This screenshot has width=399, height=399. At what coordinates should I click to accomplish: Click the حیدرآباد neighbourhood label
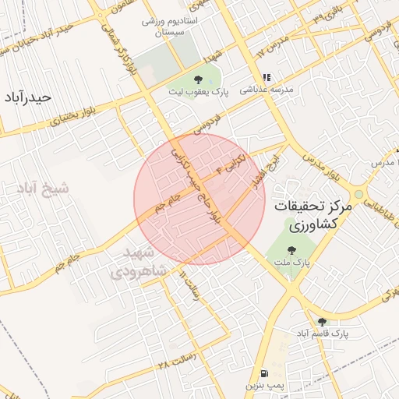[26, 97]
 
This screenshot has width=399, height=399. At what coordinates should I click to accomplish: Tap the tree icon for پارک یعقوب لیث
[198, 79]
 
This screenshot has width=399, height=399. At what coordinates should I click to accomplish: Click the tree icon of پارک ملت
[292, 250]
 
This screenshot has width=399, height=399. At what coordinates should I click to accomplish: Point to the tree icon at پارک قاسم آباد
[322, 321]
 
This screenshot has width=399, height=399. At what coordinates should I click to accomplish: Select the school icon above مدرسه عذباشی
[267, 77]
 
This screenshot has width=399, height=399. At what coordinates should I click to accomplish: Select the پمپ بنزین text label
[263, 386]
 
